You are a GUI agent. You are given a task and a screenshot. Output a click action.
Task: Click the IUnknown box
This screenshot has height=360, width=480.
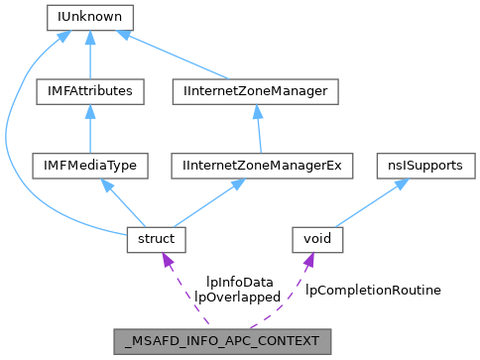[x=90, y=17]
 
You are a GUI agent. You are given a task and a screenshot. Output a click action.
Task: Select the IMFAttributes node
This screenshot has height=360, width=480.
[x=90, y=91]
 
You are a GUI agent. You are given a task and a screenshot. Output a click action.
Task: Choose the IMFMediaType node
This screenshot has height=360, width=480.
[x=90, y=165]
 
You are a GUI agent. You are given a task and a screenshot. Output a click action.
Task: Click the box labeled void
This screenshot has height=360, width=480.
[x=317, y=239]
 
